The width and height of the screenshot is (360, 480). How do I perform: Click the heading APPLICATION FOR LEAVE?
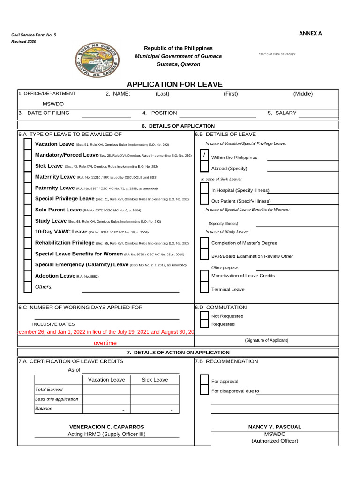click(175, 84)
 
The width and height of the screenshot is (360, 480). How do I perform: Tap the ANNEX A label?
click(310, 33)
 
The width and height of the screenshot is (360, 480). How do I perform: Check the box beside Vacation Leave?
click(28, 144)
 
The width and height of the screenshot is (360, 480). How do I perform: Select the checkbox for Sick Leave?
click(28, 166)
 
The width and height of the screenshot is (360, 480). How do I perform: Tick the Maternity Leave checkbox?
click(28, 177)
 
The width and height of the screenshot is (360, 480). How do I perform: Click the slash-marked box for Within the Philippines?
click(204, 156)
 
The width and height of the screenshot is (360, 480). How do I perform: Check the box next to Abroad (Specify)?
click(204, 167)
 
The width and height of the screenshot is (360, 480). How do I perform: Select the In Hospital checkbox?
click(204, 188)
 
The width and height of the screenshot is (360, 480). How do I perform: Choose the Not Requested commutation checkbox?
click(204, 315)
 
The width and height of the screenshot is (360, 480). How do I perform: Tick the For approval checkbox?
click(204, 380)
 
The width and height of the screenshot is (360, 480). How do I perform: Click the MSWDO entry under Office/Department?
click(53, 104)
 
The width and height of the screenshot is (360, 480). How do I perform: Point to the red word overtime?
click(105, 343)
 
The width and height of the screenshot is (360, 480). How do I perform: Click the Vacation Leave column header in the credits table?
click(106, 380)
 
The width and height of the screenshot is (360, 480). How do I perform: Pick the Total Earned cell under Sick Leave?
click(154, 389)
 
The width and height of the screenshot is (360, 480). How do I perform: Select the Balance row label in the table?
click(44, 409)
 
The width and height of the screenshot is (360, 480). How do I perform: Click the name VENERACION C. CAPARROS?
click(107, 427)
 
